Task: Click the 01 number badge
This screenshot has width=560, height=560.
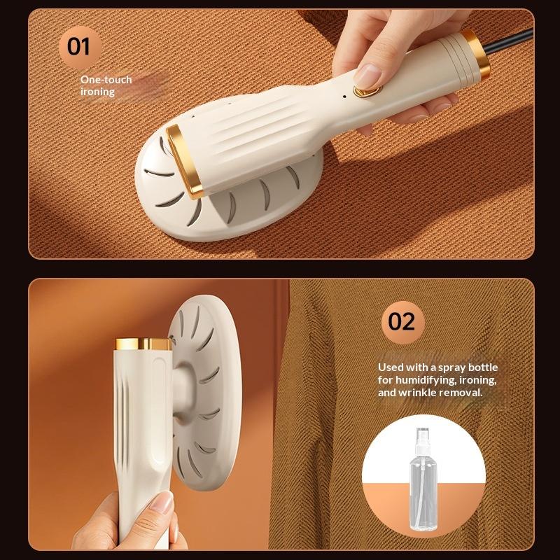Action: tap(80, 47)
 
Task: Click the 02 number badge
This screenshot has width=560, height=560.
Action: tap(402, 322)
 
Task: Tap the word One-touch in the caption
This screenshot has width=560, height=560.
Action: tap(106, 79)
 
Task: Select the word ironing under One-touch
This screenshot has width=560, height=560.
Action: tap(97, 92)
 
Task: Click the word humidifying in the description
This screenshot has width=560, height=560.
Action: tap(426, 380)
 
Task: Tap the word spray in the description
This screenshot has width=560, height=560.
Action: tap(451, 368)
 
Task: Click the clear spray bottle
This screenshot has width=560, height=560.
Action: tap(423, 479)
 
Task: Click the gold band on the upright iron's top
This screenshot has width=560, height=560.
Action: tap(143, 344)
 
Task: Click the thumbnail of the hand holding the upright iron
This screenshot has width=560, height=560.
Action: tap(162, 503)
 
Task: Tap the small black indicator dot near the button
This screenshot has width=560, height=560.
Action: tap(344, 96)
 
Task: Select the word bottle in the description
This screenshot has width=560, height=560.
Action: tap(483, 367)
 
